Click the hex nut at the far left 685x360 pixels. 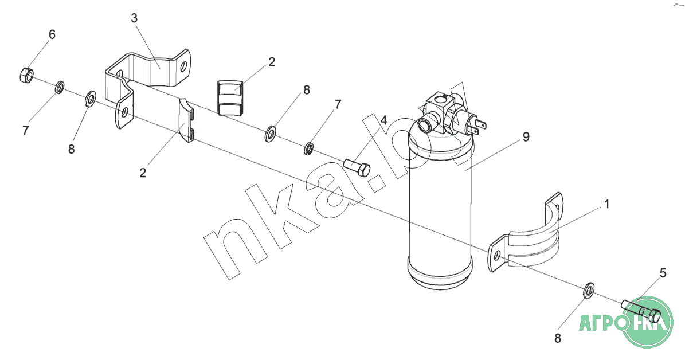point(26,75)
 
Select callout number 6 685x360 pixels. point(52,34)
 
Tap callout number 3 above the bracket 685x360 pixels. point(134,18)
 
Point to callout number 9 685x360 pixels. point(526,137)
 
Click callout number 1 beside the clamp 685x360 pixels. point(606,204)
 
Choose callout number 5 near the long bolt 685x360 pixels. point(663,273)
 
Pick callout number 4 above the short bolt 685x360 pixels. point(383,120)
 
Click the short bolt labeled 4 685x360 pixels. point(357,168)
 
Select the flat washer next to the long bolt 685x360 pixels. point(589,290)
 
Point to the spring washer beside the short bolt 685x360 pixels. point(309,148)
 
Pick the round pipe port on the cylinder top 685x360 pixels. point(425,126)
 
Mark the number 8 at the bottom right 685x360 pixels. point(557,338)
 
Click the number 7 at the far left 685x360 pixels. point(25,130)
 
